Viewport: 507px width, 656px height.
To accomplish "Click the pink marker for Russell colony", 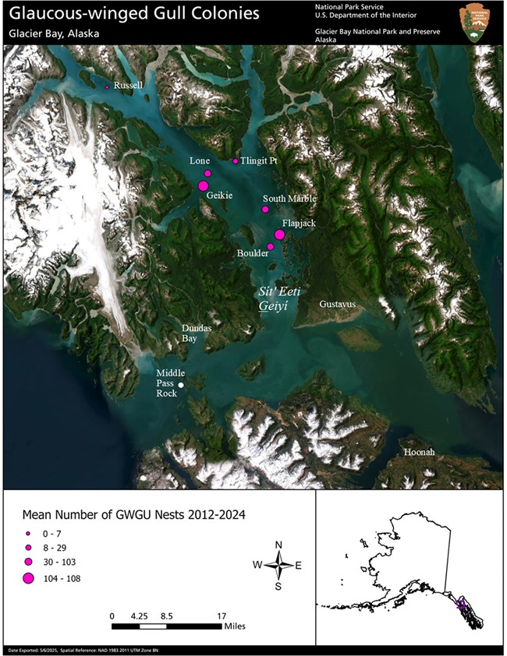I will click(108, 87).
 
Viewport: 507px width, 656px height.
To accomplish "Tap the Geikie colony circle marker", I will click(203, 185).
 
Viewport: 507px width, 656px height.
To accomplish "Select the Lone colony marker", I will click(207, 174).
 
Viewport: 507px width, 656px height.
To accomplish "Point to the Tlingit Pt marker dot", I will click(236, 161).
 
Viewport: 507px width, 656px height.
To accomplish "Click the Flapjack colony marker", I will click(279, 235).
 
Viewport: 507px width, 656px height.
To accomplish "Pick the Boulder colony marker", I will click(271, 247).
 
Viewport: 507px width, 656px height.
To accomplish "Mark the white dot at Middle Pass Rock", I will click(181, 385).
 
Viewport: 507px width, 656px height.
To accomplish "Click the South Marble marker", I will click(265, 210).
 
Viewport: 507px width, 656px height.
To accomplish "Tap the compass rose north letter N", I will click(278, 544).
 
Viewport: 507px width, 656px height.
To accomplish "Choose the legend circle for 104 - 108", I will click(29, 578).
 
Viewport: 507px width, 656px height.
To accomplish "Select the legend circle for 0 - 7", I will click(29, 533).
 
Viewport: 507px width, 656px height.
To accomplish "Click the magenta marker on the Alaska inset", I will click(461, 605).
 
